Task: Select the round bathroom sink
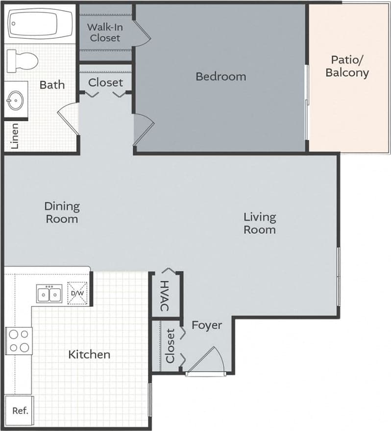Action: coord(15,101)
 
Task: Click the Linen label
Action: coord(15,136)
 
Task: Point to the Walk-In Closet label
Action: coord(105,32)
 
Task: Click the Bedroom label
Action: coord(220,77)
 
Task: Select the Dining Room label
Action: coord(62,212)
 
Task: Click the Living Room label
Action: coord(260,223)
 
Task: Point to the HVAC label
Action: coord(165,295)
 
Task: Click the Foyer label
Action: coord(206,325)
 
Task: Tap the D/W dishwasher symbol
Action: coord(78,294)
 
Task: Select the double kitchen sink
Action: coord(49,295)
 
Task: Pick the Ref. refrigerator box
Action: coord(20,410)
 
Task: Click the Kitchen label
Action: coord(89,354)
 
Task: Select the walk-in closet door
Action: coord(142,32)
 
